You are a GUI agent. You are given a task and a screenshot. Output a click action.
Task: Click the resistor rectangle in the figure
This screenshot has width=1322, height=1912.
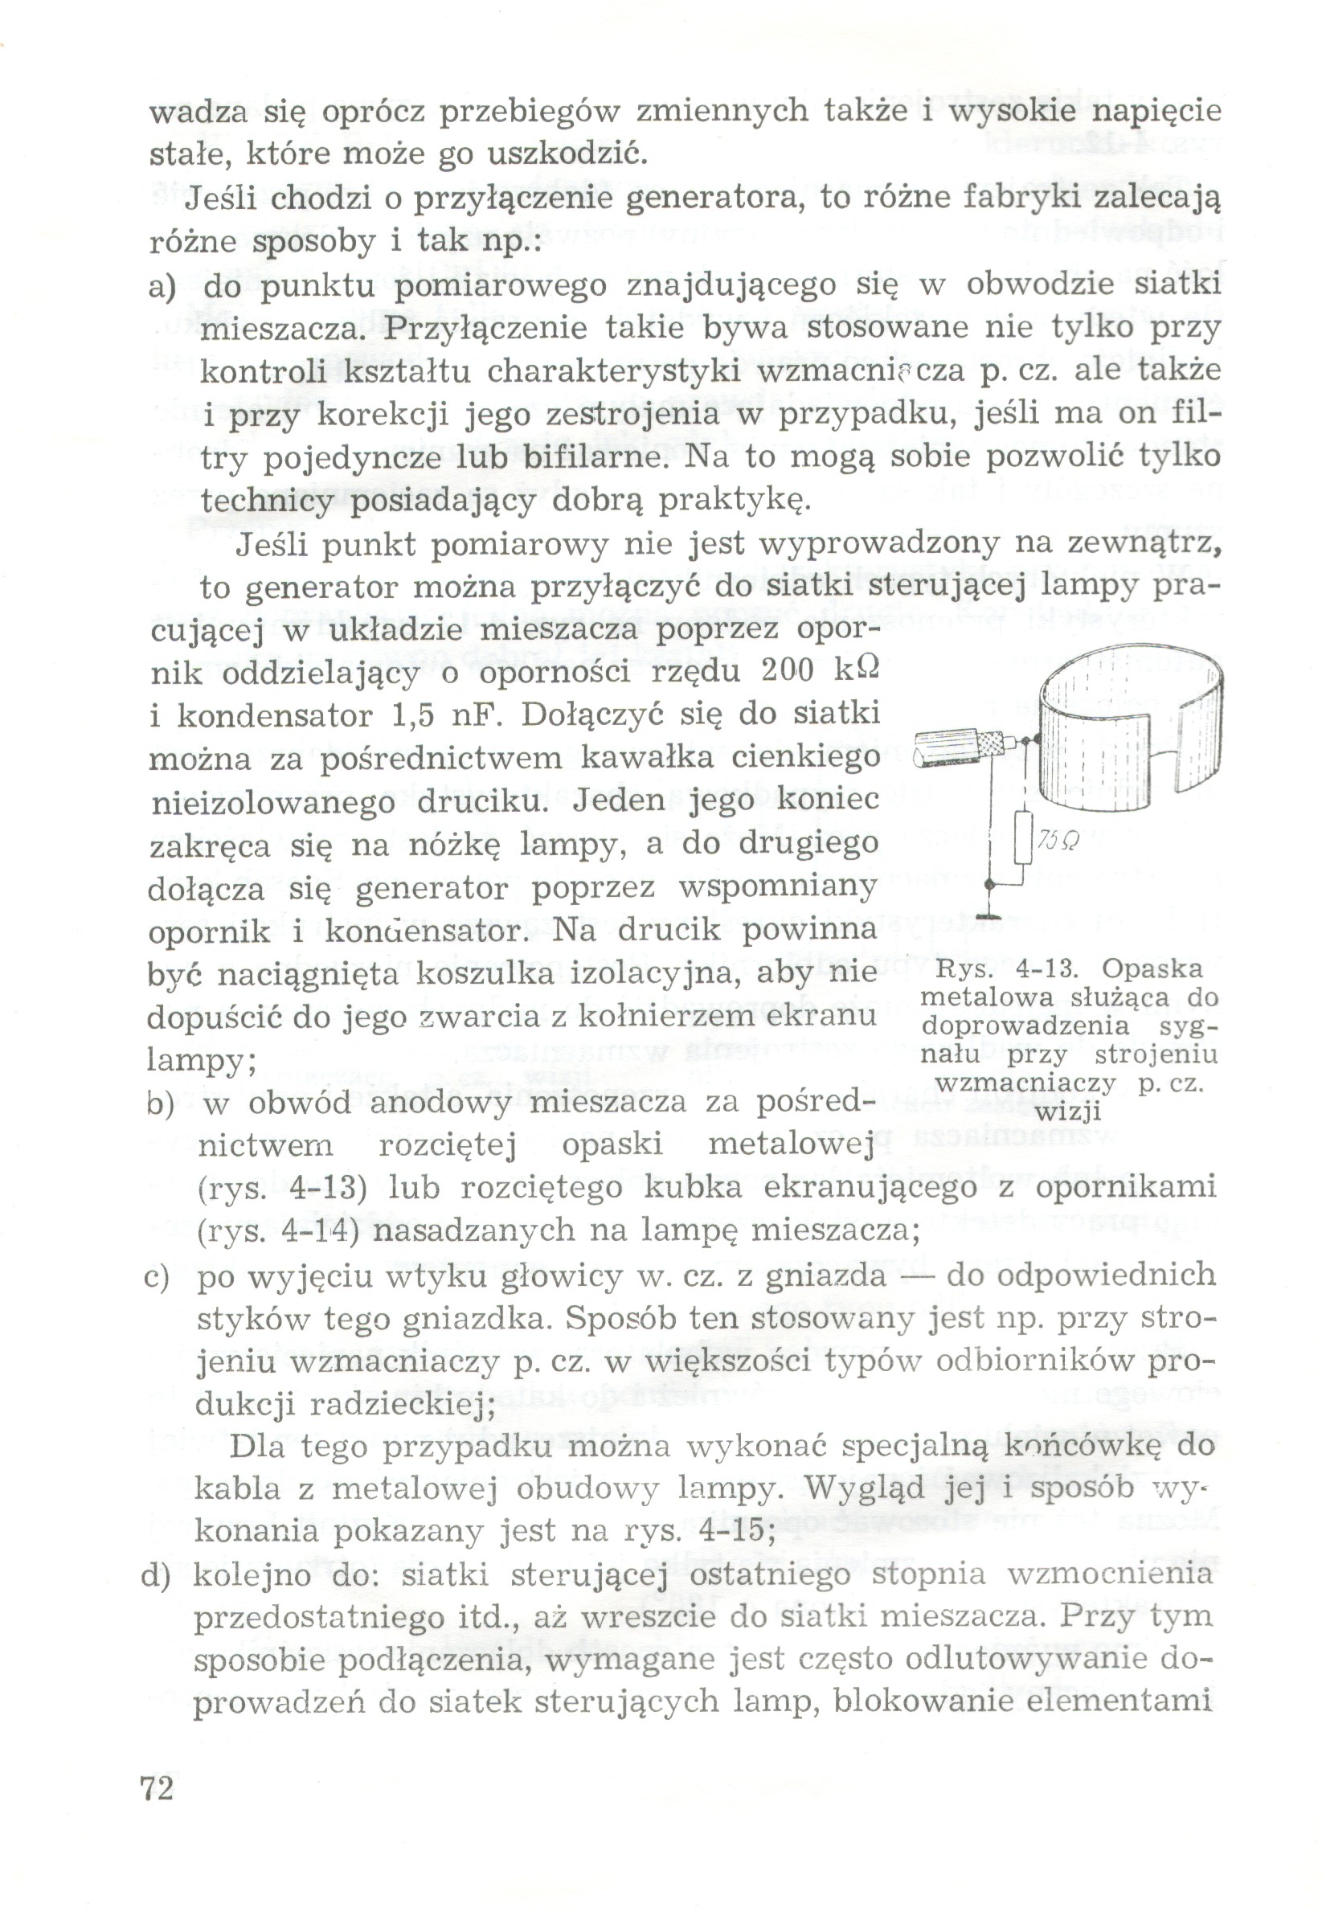1025,837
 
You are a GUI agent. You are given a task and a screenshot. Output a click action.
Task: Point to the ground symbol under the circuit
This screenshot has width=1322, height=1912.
988,915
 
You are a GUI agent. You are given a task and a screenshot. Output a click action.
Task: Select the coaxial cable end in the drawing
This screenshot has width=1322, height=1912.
961,748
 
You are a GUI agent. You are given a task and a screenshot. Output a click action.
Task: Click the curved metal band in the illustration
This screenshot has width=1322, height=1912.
1127,729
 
